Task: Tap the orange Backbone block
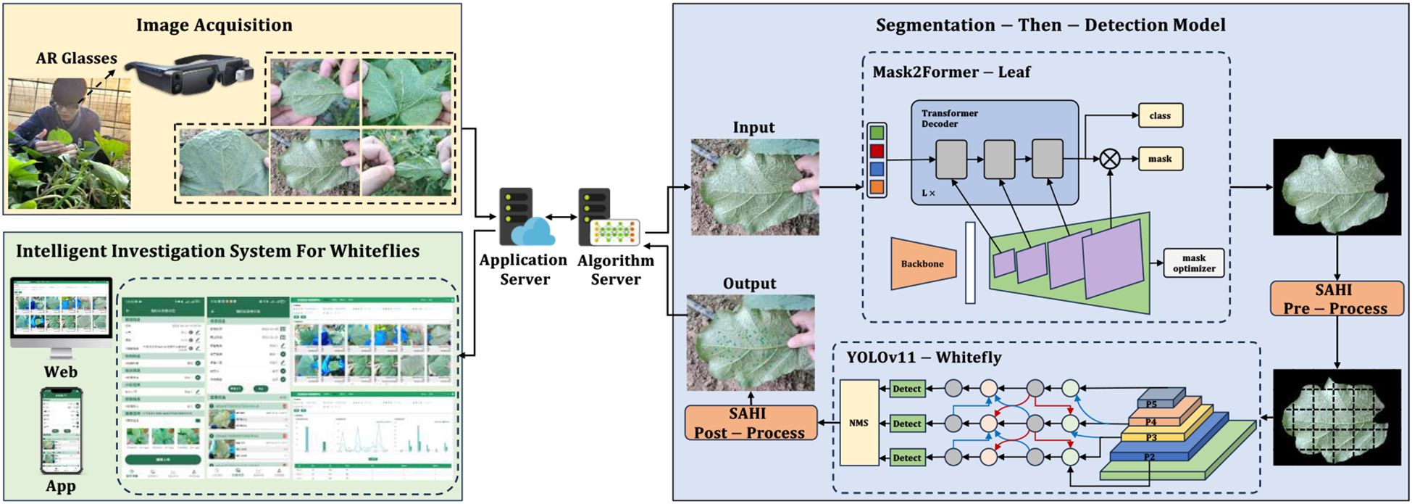pos(923,264)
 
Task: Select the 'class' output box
pos(1160,115)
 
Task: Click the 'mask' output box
pos(1160,159)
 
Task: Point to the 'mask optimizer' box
pos(1193,263)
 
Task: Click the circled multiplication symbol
pos(1110,159)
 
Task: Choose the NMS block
pos(859,423)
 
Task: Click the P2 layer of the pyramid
pos(1149,456)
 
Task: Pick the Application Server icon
pos(523,218)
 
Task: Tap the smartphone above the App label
pos(61,431)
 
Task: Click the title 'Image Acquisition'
pos(214,25)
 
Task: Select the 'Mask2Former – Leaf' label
pos(951,72)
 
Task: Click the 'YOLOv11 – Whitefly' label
pos(924,358)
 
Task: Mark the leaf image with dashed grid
pos(1336,423)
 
